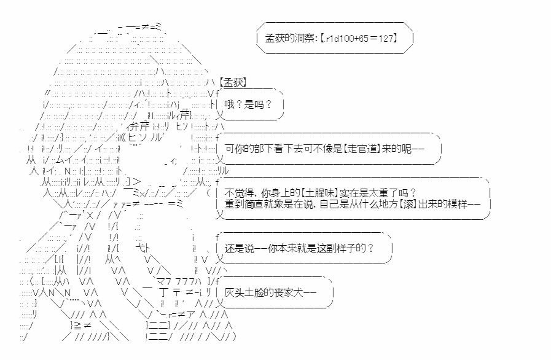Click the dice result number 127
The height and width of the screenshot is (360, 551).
386,38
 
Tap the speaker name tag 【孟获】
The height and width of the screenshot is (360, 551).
233,82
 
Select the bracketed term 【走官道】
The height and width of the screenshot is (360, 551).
362,149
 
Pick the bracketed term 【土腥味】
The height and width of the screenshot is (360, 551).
319,193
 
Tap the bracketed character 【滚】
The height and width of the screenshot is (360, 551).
408,204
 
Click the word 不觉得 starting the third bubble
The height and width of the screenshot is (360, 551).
238,193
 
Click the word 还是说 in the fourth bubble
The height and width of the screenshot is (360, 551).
238,248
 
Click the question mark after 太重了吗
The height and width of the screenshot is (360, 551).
413,193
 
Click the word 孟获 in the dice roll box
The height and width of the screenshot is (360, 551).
275,38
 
